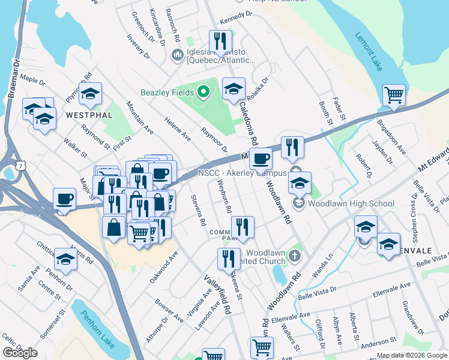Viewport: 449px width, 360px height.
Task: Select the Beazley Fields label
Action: pos(167,92)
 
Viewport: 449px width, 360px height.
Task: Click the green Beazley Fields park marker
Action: pos(203,92)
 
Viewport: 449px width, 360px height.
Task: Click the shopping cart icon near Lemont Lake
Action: pos(394,94)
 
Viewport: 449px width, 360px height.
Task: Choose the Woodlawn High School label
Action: pos(343,203)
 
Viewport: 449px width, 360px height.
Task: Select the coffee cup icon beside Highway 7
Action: pos(64,199)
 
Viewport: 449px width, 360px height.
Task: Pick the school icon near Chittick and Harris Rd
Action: pos(65,259)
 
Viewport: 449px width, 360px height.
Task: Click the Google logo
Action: pos(20,353)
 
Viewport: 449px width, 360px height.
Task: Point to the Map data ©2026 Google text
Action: pos(412,355)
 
